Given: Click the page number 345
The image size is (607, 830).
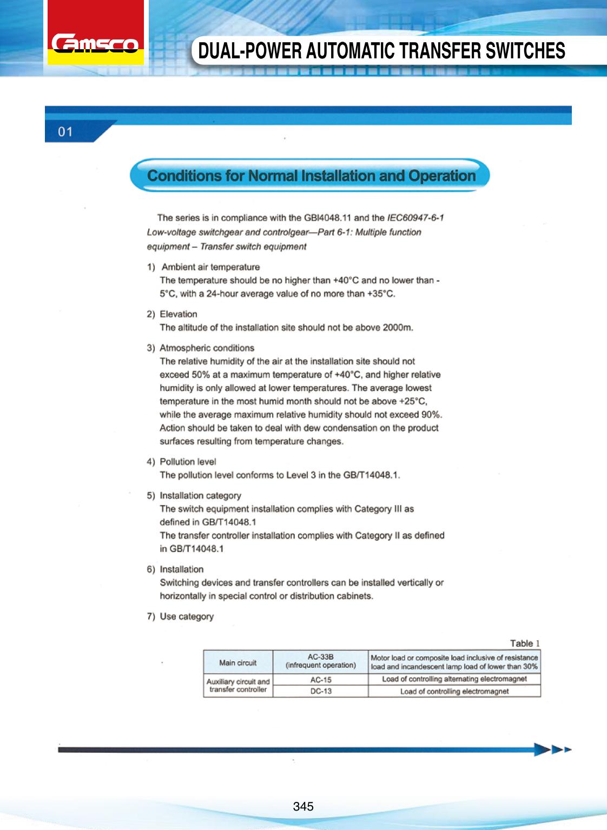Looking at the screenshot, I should [303, 807].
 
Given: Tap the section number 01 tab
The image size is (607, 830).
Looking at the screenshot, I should [65, 131].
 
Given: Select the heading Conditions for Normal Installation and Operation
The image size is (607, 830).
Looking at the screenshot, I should [311, 176].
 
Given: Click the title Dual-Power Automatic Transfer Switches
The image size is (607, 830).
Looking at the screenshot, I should [381, 51].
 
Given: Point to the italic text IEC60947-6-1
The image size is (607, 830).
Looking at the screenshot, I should [415, 218].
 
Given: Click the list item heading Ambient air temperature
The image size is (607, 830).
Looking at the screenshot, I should [210, 267].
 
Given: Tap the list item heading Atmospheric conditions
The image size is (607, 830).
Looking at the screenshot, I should [207, 348].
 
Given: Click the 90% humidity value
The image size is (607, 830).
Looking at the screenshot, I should [432, 415].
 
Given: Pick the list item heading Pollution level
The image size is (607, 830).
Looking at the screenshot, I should [188, 462].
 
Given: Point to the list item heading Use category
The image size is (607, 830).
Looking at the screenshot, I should [187, 616].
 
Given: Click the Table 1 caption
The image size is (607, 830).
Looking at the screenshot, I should [525, 643].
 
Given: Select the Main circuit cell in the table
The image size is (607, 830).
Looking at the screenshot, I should [237, 662].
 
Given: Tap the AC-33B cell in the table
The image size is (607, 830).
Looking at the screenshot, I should [320, 661].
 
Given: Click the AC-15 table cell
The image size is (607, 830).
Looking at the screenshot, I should [320, 680].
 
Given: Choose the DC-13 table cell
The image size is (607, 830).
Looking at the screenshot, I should [320, 692].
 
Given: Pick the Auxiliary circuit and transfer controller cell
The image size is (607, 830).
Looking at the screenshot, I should [237, 686].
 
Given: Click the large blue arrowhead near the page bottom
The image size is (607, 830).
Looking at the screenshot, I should [542, 749].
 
